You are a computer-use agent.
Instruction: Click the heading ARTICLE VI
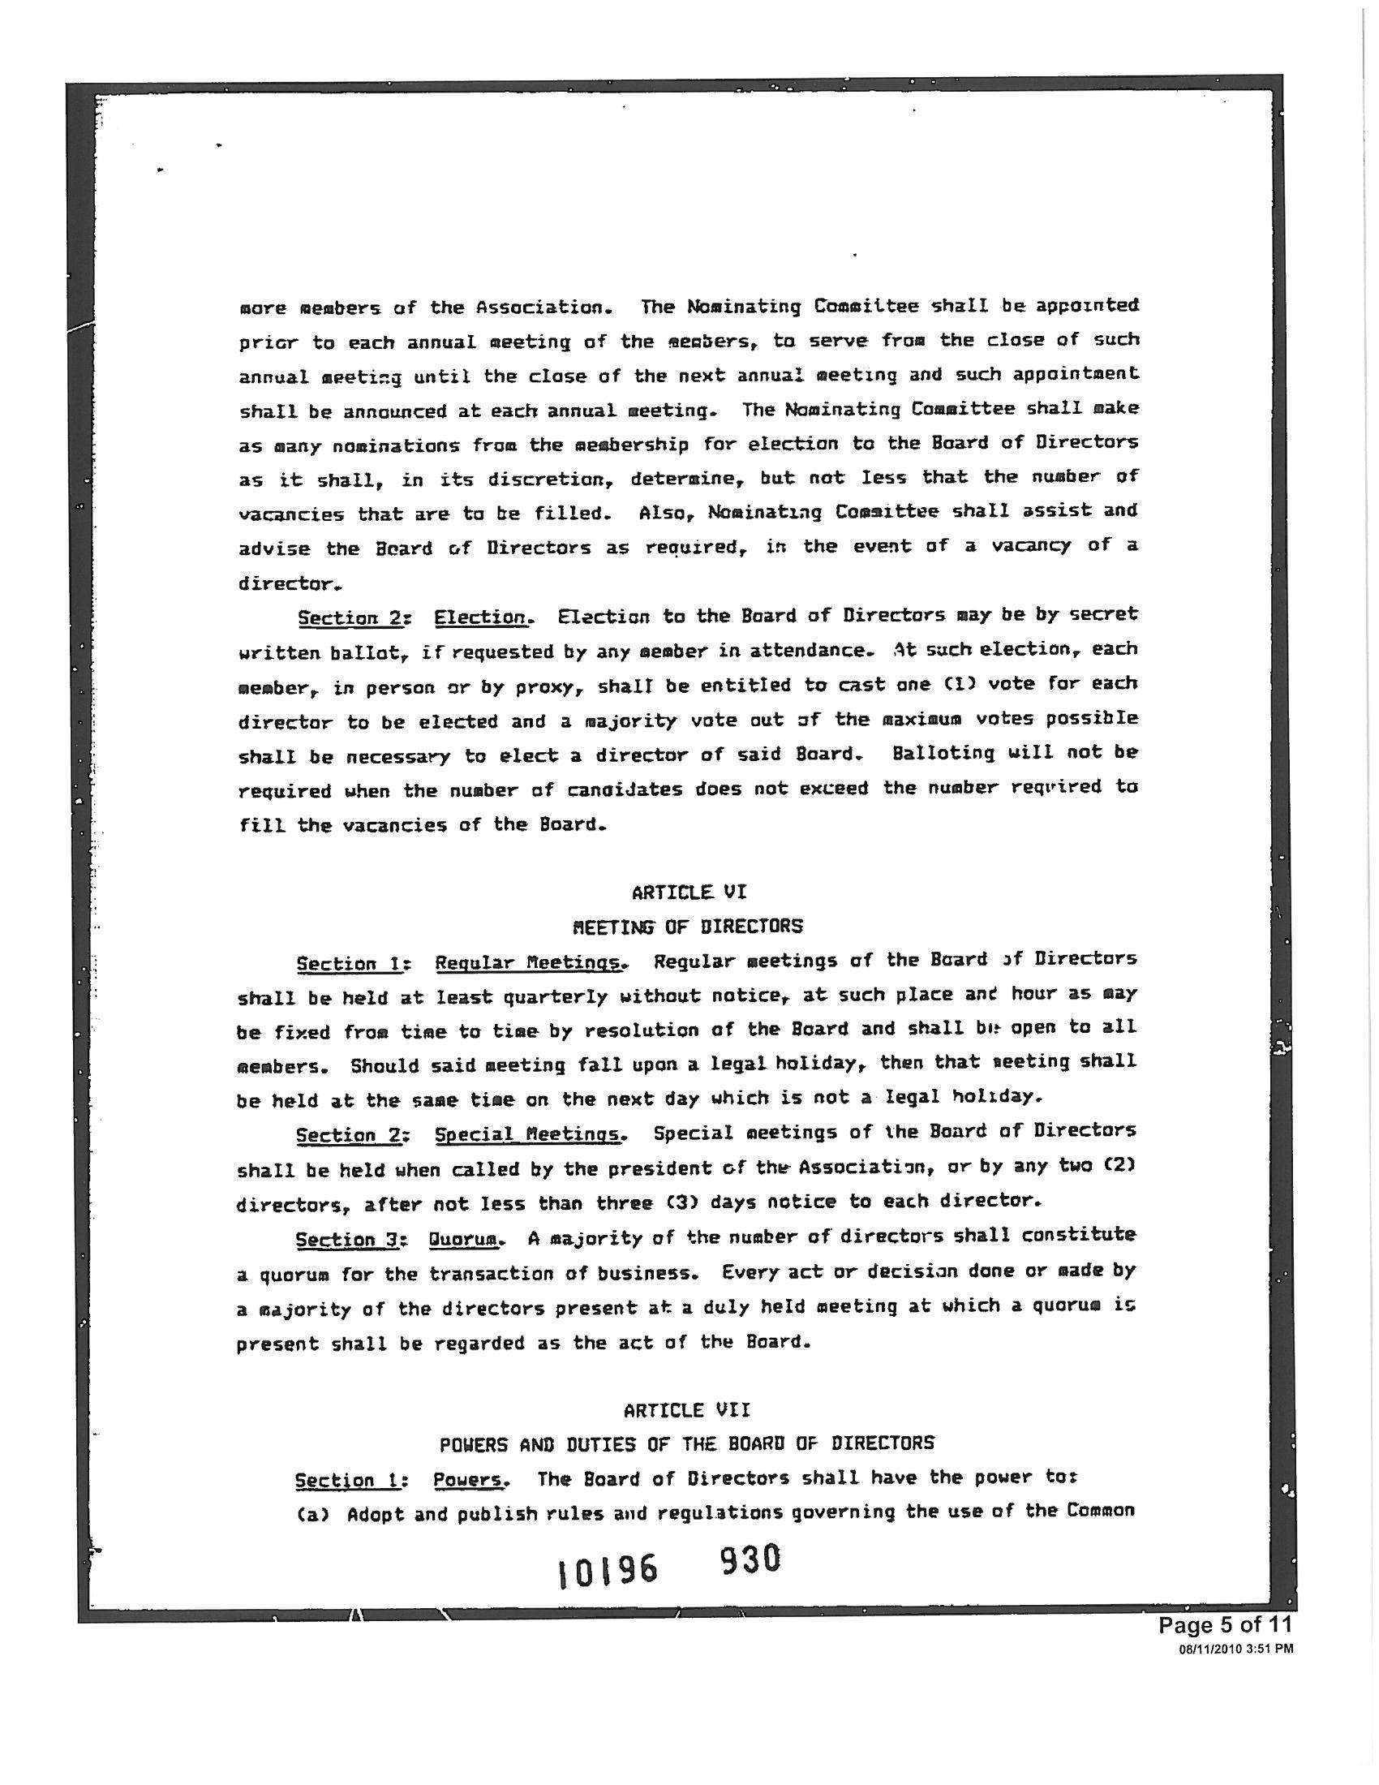pyautogui.click(x=689, y=892)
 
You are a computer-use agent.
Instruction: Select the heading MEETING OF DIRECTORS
pyautogui.click(x=688, y=926)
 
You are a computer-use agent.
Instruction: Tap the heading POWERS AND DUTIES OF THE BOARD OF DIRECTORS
pyautogui.click(x=686, y=1443)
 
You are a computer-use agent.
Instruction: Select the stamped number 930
pyautogui.click(x=750, y=1560)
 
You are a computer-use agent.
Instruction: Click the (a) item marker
pyautogui.click(x=312, y=1515)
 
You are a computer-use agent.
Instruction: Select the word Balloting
pyautogui.click(x=943, y=753)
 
